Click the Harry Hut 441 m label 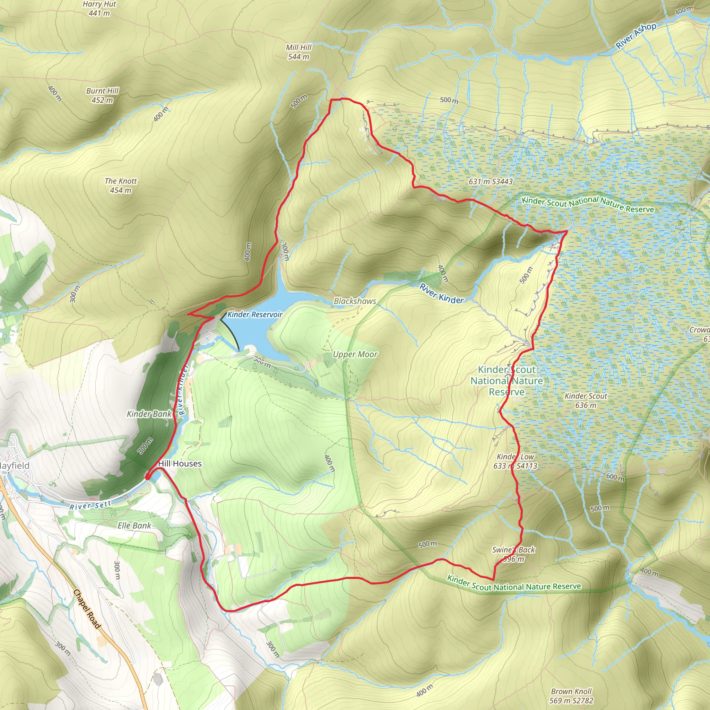pyautogui.click(x=99, y=8)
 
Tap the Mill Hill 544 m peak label pyautogui.click(x=298, y=52)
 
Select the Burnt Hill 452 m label pyautogui.click(x=102, y=95)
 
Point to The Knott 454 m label pyautogui.click(x=121, y=185)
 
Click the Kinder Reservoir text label pyautogui.click(x=255, y=314)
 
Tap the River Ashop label pyautogui.click(x=636, y=36)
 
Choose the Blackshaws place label pyautogui.click(x=355, y=301)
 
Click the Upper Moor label pyautogui.click(x=355, y=354)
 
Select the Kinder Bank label pyautogui.click(x=149, y=414)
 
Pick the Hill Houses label pyautogui.click(x=180, y=464)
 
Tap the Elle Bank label pyautogui.click(x=134, y=526)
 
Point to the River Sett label pyautogui.click(x=90, y=506)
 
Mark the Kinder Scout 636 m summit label pyautogui.click(x=586, y=400)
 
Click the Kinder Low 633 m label pyautogui.click(x=515, y=461)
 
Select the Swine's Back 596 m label pyautogui.click(x=513, y=555)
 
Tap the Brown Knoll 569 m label pyautogui.click(x=571, y=696)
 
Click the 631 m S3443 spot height pyautogui.click(x=491, y=182)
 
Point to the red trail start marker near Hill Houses pyautogui.click(x=147, y=477)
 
